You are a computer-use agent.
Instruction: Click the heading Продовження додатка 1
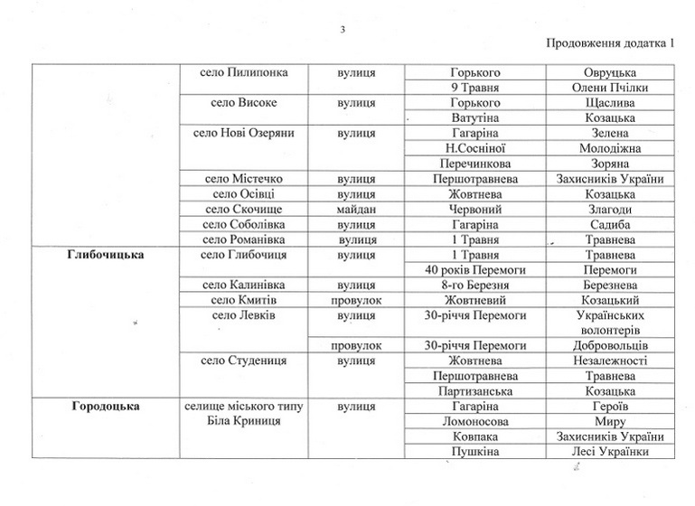coord(611,43)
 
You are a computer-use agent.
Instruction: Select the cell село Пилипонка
coord(242,71)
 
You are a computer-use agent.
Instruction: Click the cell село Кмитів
coord(242,300)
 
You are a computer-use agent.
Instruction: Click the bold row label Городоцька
coord(106,406)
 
